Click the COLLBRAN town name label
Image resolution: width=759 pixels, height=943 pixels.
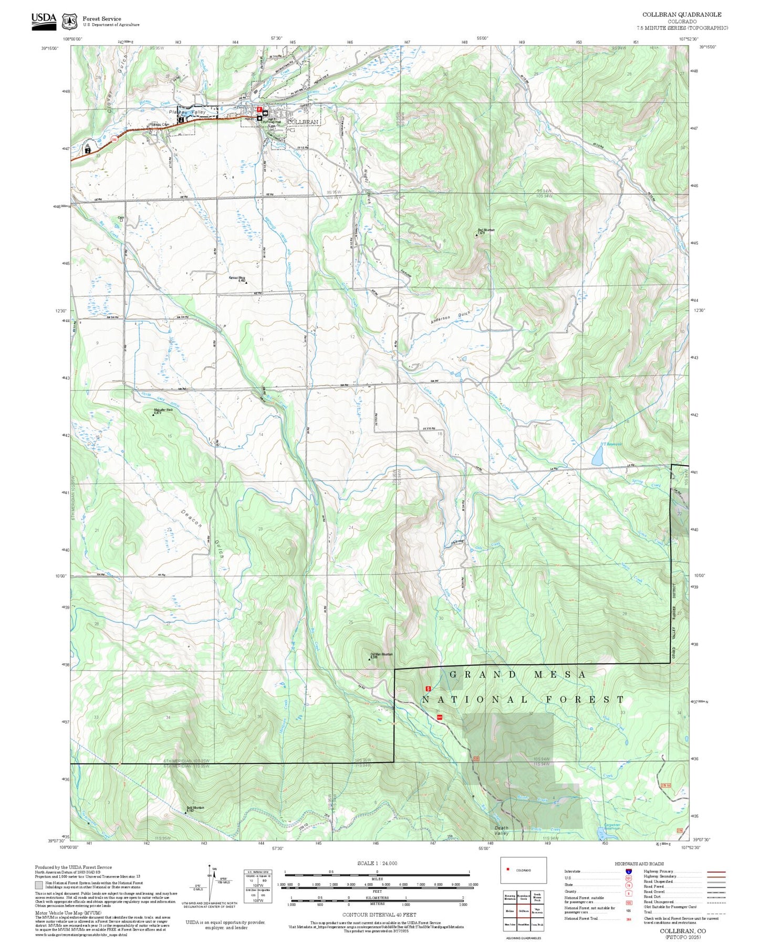pyautogui.click(x=303, y=122)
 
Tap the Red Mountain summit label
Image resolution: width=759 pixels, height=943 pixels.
pyautogui.click(x=486, y=230)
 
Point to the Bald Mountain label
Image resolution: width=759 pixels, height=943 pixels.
pyautogui.click(x=195, y=808)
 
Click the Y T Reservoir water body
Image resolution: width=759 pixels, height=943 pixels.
pyautogui.click(x=597, y=457)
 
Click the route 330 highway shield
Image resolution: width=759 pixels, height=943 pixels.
pyautogui.click(x=113, y=139)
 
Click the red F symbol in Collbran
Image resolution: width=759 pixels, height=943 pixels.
pyautogui.click(x=259, y=109)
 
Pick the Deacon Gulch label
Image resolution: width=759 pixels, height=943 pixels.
pyautogui.click(x=191, y=518)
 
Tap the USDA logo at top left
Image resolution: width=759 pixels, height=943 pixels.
pyautogui.click(x=43, y=19)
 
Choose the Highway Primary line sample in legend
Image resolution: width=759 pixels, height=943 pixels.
pyautogui.click(x=716, y=872)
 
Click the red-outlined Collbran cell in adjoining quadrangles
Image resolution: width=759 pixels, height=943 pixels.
pyautogui.click(x=523, y=911)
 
